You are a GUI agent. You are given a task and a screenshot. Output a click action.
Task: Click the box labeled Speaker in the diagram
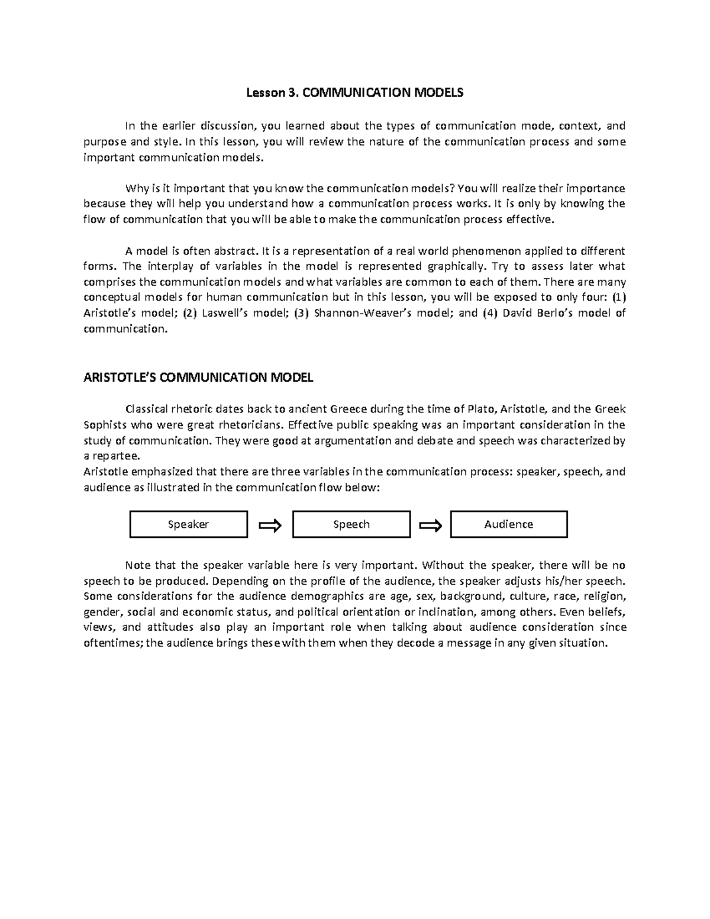pyautogui.click(x=188, y=524)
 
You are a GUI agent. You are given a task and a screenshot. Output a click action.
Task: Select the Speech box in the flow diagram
pyautogui.click(x=351, y=524)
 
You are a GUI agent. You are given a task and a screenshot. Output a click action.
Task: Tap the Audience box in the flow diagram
pyautogui.click(x=509, y=524)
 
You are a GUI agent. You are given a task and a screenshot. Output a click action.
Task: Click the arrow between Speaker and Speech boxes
pyautogui.click(x=270, y=525)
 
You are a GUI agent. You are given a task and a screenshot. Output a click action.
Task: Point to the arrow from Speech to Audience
pyautogui.click(x=430, y=525)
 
